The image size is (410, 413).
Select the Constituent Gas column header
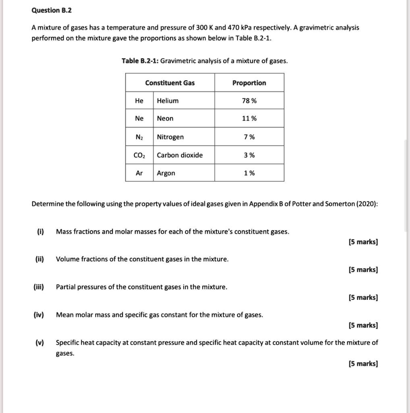170,83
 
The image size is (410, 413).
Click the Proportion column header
249,83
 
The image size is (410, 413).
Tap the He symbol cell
139,101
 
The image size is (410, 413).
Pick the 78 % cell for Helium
249,101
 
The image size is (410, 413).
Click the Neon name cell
165,119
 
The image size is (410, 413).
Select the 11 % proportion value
249,119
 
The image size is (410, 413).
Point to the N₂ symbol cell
139,137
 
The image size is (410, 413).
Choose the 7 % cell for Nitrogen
249,137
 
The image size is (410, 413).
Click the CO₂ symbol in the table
139,155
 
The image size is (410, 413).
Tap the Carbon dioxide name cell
180,155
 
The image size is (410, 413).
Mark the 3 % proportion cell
249,155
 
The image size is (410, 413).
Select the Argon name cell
166,173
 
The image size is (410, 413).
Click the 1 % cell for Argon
249,173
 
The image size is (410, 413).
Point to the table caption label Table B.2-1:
140,61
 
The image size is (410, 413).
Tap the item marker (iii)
39,287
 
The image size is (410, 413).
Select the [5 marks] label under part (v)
363,364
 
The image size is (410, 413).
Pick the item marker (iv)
39,315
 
